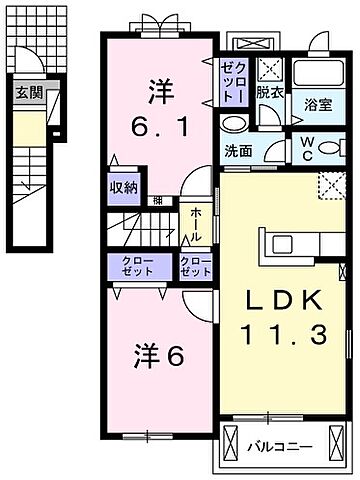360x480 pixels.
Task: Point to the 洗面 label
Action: (238, 153)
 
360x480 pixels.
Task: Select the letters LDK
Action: (280, 301)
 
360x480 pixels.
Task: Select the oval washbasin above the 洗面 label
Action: (233, 124)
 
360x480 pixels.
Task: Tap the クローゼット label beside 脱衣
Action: (229, 80)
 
